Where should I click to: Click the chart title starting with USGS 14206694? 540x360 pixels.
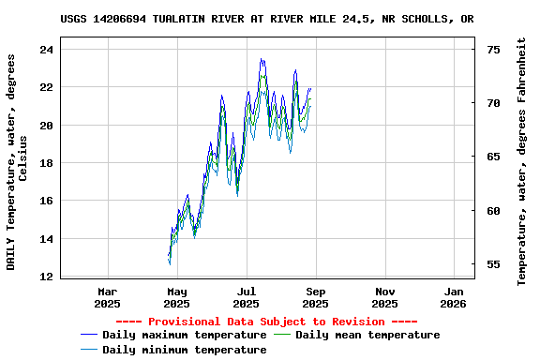point(266,19)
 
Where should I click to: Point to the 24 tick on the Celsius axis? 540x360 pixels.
point(47,49)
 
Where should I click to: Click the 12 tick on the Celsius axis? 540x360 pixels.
point(47,277)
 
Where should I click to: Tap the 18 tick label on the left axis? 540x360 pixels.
point(47,163)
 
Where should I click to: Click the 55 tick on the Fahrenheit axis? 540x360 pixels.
point(494,264)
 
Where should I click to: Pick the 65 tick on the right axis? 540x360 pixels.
point(494,157)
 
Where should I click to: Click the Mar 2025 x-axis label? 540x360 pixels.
point(108,297)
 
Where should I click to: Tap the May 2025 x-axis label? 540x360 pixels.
point(176,297)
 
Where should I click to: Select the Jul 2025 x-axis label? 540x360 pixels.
point(246,297)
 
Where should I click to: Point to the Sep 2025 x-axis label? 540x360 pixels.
point(315,297)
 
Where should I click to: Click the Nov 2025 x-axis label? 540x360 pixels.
point(384,297)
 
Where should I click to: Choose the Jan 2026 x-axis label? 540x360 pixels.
point(454,297)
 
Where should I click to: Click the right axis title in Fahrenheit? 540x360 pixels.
point(522,161)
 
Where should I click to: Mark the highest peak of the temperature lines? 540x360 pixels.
point(262,59)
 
